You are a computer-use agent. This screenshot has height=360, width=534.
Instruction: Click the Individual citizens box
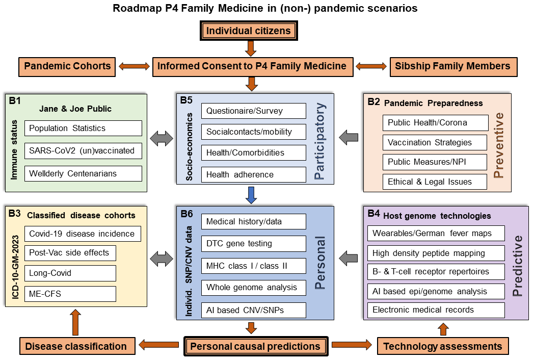coord(249,31)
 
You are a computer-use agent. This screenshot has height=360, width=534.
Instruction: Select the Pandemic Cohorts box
coord(67,66)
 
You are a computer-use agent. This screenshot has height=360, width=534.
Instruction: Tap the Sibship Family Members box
coord(453,66)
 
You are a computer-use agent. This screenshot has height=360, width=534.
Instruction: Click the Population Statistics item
coord(83,128)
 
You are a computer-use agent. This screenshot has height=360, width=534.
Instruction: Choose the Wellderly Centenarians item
coord(83,173)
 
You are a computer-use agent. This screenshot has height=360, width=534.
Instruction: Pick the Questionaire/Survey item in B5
coord(254,111)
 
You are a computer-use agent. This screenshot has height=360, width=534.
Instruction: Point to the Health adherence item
coord(254,174)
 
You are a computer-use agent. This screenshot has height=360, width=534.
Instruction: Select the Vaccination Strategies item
coord(435,142)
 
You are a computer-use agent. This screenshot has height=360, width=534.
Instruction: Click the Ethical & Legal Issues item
coord(435,182)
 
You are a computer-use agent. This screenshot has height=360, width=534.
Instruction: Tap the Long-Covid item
coord(70,273)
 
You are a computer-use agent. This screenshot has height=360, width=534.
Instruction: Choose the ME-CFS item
coord(70,294)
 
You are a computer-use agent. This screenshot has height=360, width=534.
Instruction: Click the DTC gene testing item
coord(254,243)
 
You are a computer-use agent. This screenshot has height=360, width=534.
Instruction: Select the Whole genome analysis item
coord(254,288)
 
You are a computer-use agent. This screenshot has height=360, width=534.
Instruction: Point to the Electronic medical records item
coord(436,310)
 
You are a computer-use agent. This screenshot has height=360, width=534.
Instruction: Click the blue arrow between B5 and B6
coord(251,195)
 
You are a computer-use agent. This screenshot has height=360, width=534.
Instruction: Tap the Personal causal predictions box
coord(256,346)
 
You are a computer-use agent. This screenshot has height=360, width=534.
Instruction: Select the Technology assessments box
coord(443,346)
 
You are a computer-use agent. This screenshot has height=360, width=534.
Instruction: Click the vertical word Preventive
coord(498,145)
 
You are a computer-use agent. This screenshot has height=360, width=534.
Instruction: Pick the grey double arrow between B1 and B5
coord(162,139)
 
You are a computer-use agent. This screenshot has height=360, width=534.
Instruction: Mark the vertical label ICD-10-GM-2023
coord(16,267)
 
